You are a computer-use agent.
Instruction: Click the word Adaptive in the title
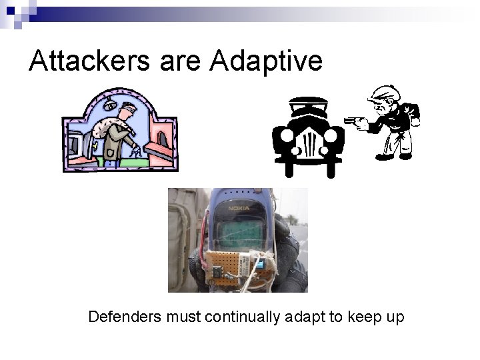(x=265, y=61)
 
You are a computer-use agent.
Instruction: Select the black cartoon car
(x=307, y=137)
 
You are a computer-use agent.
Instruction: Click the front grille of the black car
(x=308, y=143)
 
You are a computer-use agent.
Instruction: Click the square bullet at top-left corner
(x=8, y=8)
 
